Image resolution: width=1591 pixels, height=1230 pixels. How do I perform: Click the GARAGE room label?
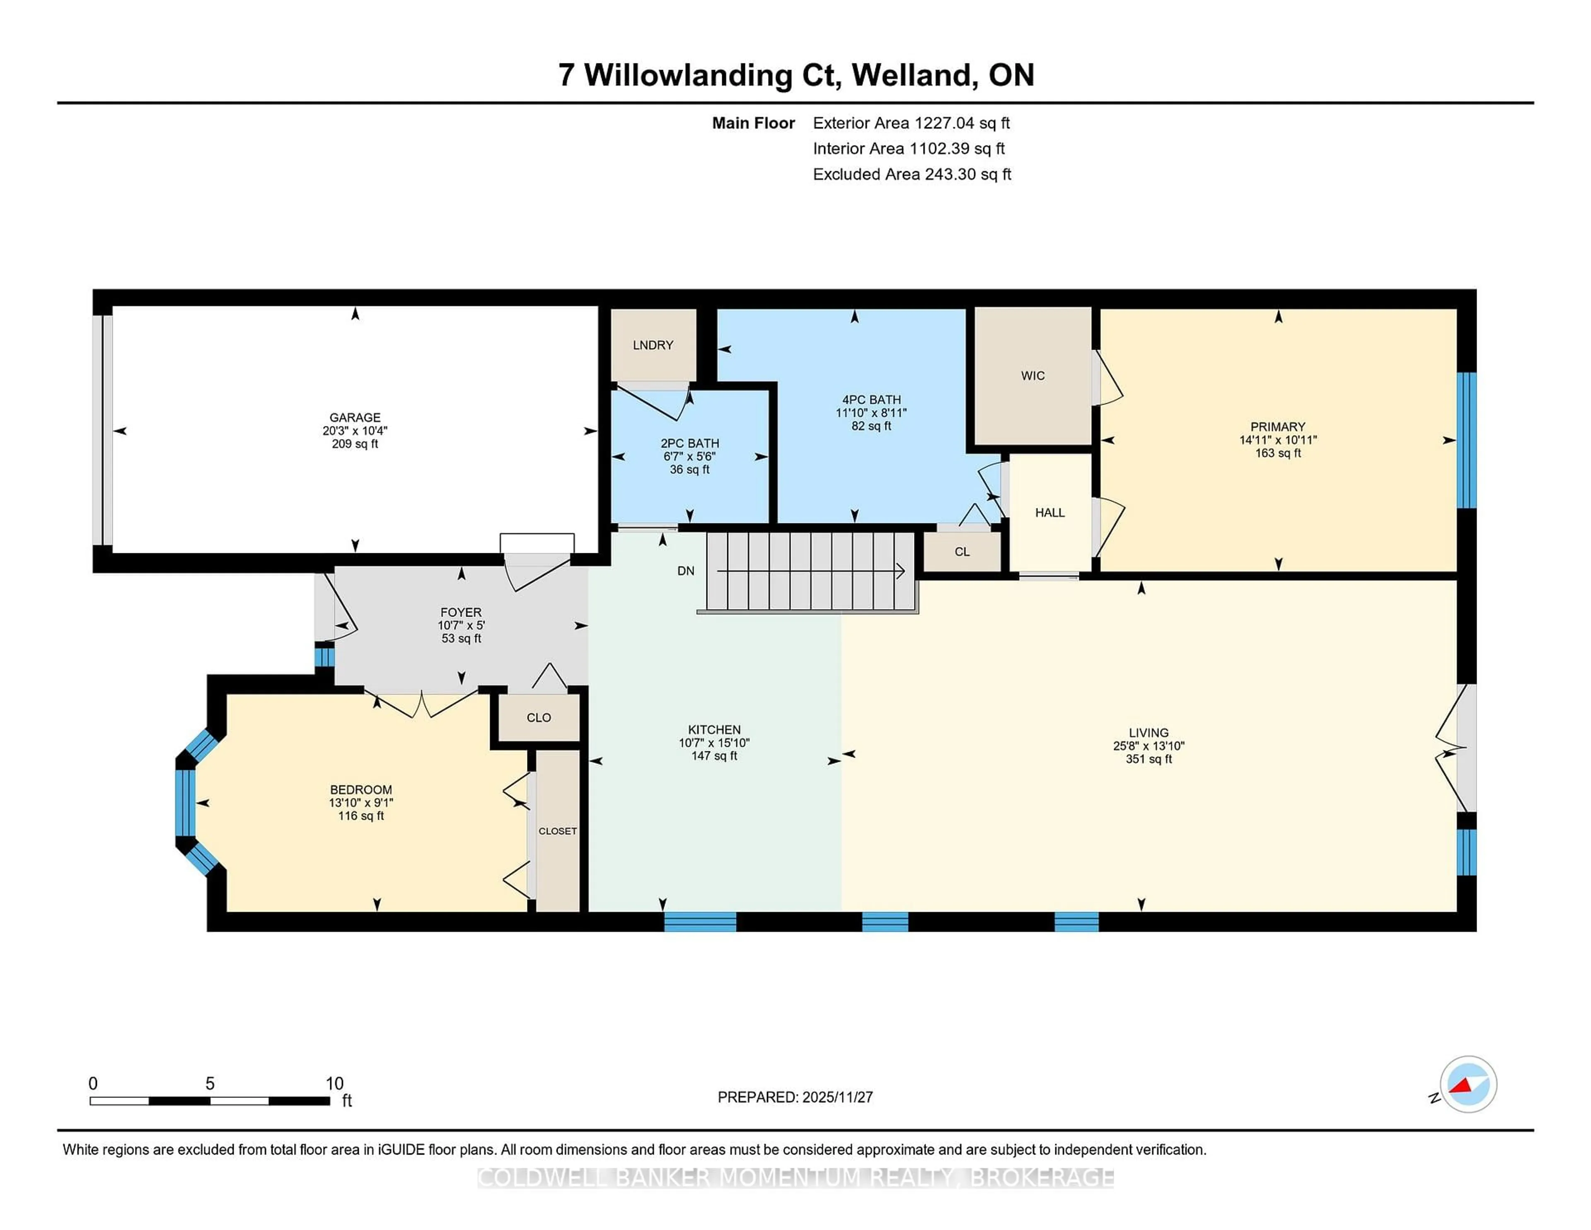[x=355, y=418]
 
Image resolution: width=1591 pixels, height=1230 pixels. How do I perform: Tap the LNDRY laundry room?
[x=653, y=345]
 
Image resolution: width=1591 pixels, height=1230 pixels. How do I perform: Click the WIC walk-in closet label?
[x=1032, y=375]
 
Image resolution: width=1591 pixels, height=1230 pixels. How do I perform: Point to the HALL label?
[x=1050, y=512]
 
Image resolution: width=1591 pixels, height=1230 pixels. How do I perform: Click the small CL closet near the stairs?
[x=962, y=552]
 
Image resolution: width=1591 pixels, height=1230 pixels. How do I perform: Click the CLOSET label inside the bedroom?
[x=557, y=830]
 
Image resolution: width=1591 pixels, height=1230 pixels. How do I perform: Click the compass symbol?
[x=1468, y=1084]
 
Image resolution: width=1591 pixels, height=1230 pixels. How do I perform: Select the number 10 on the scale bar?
[x=334, y=1084]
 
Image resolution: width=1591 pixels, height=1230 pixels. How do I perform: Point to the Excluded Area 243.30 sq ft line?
[x=912, y=174]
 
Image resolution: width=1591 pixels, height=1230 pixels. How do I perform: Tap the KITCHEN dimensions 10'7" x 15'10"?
[x=714, y=743]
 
